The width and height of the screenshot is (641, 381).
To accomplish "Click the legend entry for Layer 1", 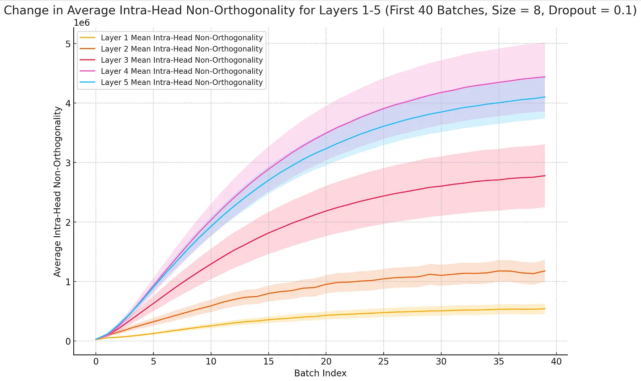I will [x=181, y=38].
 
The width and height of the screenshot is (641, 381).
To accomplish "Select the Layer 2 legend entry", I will [x=181, y=49].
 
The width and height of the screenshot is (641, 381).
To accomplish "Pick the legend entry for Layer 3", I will [x=181, y=60].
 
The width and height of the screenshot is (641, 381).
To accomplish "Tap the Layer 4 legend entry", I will [x=181, y=71].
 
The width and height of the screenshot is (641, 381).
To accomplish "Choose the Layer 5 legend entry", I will [x=181, y=82].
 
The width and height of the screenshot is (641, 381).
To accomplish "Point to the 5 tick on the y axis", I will [x=67, y=44].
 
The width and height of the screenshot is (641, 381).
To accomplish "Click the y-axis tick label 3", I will [x=67, y=163].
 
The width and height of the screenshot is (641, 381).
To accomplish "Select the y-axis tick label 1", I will [x=67, y=282].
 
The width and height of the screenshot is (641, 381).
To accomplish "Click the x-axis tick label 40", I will [x=556, y=362].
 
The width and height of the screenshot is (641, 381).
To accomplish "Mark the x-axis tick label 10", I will [x=211, y=362].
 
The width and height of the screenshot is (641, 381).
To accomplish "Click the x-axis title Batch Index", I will [x=320, y=373].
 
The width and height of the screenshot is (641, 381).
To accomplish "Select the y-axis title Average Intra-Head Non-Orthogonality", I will [x=58, y=191].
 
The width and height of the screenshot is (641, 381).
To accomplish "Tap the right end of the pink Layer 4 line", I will [x=544, y=77].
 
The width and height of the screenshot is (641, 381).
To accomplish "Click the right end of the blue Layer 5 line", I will [x=544, y=97].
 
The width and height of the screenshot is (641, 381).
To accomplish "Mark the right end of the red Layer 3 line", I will [x=544, y=176].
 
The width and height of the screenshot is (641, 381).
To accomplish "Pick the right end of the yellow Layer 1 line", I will [x=544, y=309].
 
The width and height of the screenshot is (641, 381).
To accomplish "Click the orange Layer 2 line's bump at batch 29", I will [x=429, y=274].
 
